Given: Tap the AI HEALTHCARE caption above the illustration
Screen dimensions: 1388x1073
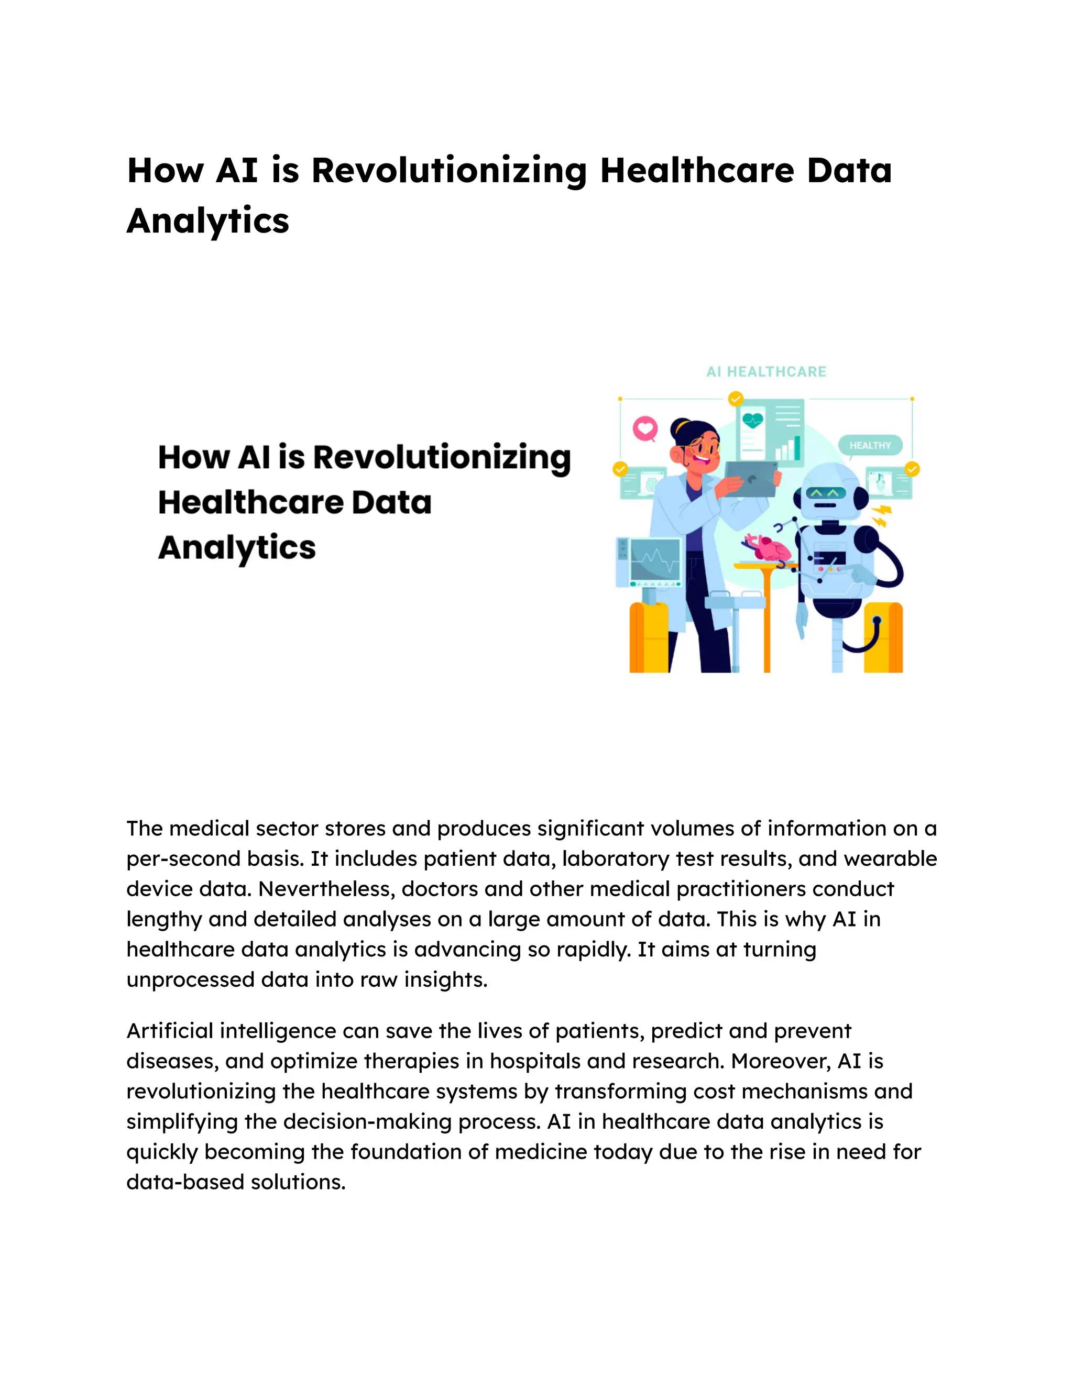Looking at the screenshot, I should [766, 372].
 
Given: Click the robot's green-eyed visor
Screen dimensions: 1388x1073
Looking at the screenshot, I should [826, 492].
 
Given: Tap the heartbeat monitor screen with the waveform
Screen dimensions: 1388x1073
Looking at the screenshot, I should [655, 559].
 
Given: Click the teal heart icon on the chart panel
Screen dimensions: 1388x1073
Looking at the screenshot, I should [753, 420].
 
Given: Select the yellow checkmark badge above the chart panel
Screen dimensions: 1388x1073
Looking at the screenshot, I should [736, 399].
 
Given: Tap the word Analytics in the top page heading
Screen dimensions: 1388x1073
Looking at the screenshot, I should [208, 221].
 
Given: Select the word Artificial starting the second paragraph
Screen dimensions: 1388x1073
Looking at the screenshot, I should [169, 1031].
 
